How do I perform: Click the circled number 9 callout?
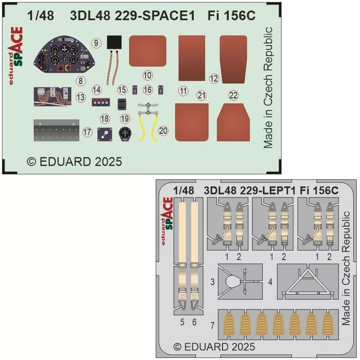tap(96, 43)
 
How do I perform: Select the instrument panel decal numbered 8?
tap(65, 54)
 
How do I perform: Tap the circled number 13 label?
tap(81, 97)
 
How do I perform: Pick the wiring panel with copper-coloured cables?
tap(52, 96)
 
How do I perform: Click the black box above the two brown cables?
tap(114, 42)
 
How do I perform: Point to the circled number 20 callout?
tap(163, 131)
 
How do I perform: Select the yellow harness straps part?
tap(148, 122)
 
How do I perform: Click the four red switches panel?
tap(101, 102)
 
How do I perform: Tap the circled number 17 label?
tap(87, 132)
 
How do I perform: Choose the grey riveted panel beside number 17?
tap(57, 130)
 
